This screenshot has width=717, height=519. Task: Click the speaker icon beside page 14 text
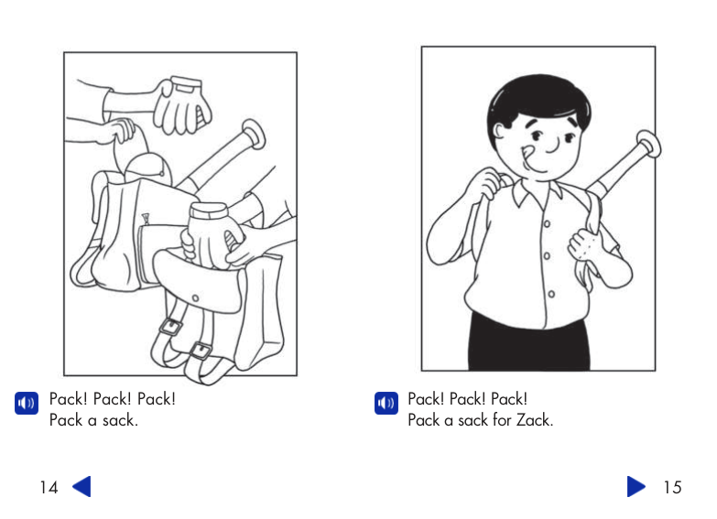click(x=26, y=403)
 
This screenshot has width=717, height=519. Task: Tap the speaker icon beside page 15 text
click(x=386, y=403)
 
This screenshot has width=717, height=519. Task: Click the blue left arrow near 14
click(x=81, y=486)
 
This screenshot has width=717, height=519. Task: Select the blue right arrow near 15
click(x=636, y=486)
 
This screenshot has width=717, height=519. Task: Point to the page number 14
click(x=49, y=487)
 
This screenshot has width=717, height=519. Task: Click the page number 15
click(x=672, y=487)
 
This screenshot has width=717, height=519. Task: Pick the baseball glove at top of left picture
click(x=181, y=103)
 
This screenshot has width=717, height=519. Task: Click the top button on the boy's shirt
click(x=547, y=222)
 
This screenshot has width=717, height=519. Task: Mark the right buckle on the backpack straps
click(x=201, y=349)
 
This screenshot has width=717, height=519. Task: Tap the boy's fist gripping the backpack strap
click(x=582, y=245)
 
